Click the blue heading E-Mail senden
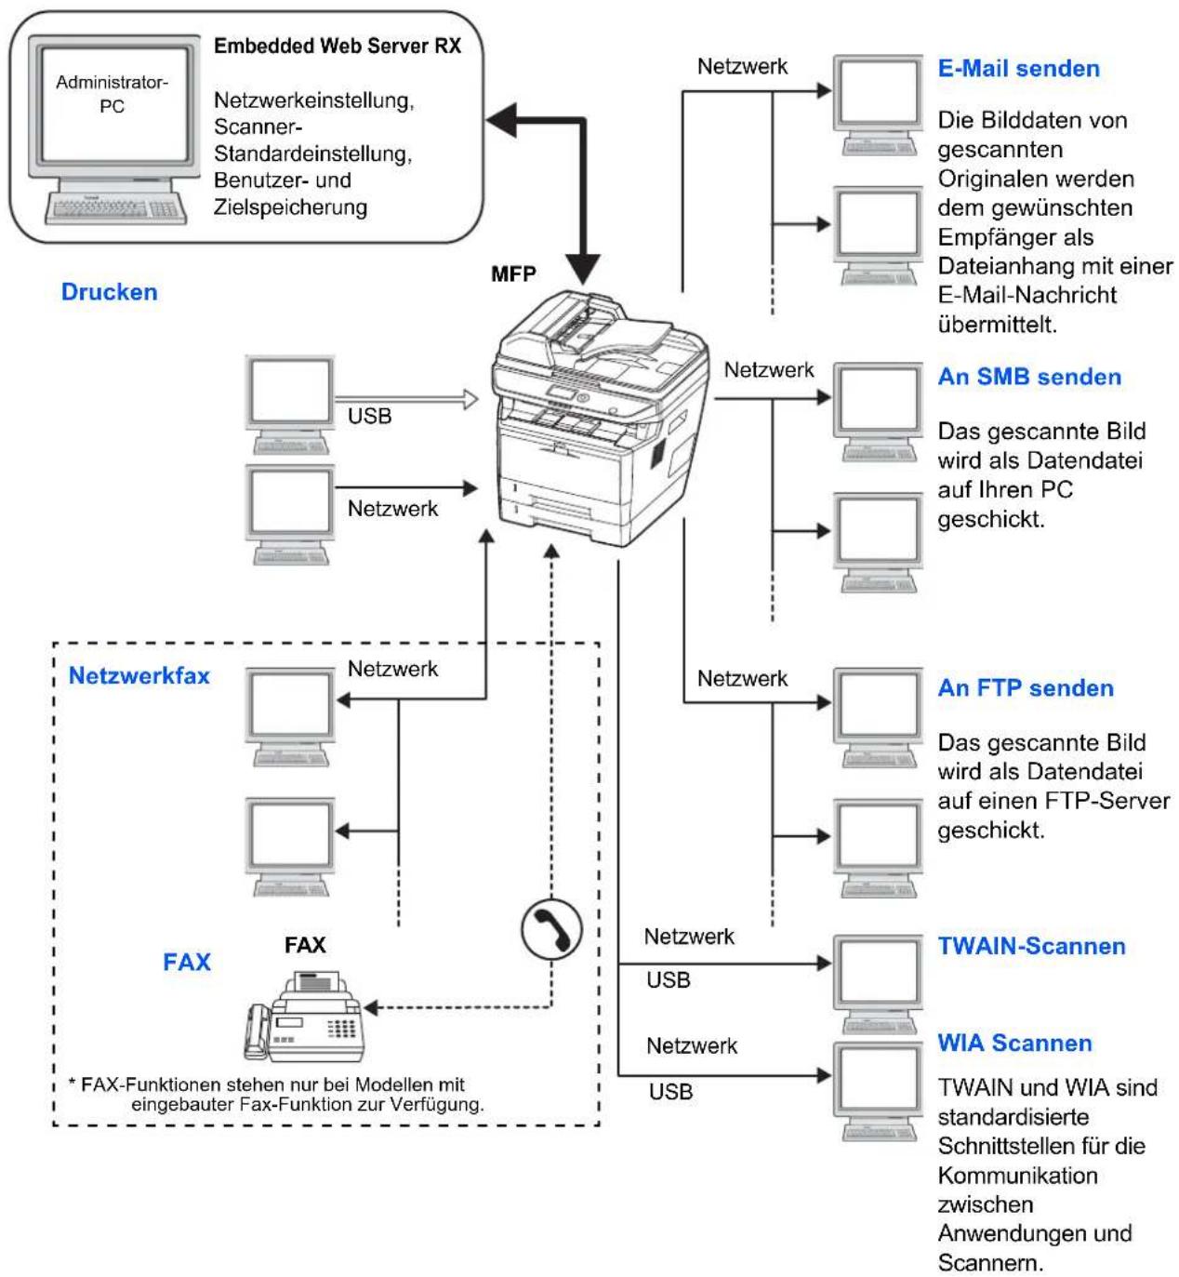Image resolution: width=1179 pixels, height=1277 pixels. [1018, 69]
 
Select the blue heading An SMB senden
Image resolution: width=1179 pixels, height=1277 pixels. [1029, 377]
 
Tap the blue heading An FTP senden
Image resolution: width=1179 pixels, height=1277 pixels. [1026, 688]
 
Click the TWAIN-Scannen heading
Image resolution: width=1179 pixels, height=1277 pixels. [1031, 947]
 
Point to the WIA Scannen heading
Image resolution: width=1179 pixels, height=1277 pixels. [1014, 1043]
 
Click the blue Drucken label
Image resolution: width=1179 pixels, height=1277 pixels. [110, 292]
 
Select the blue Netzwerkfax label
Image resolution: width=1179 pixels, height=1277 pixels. [139, 676]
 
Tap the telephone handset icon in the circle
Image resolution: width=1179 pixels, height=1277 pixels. [551, 930]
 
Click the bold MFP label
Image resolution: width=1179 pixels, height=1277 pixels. [513, 274]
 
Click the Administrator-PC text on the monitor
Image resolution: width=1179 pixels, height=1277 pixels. [112, 94]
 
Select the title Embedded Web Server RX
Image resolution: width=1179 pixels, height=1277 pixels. [338, 47]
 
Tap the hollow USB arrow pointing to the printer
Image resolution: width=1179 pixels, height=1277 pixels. [406, 399]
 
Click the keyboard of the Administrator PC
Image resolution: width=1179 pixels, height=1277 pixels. [115, 208]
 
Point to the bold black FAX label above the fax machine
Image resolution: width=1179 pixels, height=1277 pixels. [305, 945]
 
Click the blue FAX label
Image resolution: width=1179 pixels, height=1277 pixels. [187, 962]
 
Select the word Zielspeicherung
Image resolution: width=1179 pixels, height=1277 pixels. [291, 207]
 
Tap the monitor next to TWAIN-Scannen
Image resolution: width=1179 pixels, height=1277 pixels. [878, 982]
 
